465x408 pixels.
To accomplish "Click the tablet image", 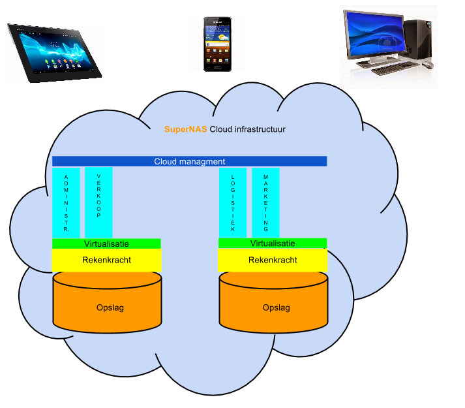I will click(55, 54).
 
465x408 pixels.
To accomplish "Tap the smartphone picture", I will click(217, 44).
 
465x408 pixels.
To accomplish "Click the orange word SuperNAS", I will click(185, 129).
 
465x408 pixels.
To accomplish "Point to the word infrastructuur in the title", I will click(260, 129).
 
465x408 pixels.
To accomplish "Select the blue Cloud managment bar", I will click(189, 161).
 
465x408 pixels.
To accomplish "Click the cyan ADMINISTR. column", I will click(66, 203).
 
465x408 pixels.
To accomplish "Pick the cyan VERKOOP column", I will click(98, 203).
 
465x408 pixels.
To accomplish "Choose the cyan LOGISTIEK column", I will click(233, 203).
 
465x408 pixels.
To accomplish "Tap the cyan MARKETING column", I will click(265, 203).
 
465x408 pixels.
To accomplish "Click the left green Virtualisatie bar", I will click(106, 243).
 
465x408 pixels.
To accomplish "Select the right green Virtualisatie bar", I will click(273, 243).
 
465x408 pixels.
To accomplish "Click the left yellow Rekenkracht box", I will click(106, 260).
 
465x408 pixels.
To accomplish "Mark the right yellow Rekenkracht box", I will click(273, 260).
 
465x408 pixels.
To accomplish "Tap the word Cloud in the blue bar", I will click(166, 161).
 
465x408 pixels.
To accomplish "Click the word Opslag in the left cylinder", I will click(107, 307).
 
